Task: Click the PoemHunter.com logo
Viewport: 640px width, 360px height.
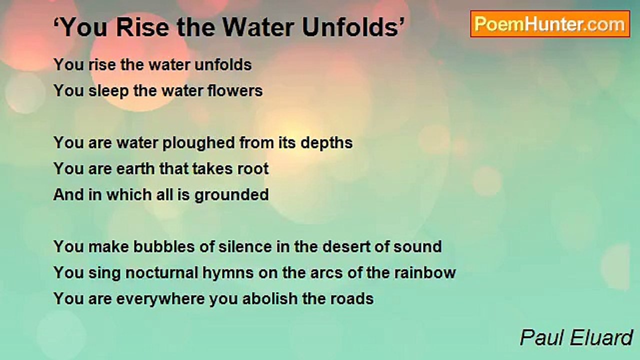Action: (x=550, y=24)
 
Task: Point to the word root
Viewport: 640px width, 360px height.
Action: (x=254, y=169)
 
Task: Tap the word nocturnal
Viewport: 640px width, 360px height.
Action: (x=146, y=273)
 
